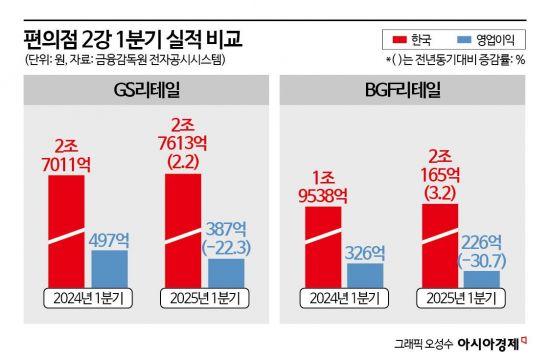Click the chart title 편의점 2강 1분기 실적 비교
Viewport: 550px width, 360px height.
click(x=131, y=39)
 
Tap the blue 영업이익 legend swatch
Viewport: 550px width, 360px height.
click(x=464, y=41)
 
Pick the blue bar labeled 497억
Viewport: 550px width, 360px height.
click(x=109, y=267)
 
